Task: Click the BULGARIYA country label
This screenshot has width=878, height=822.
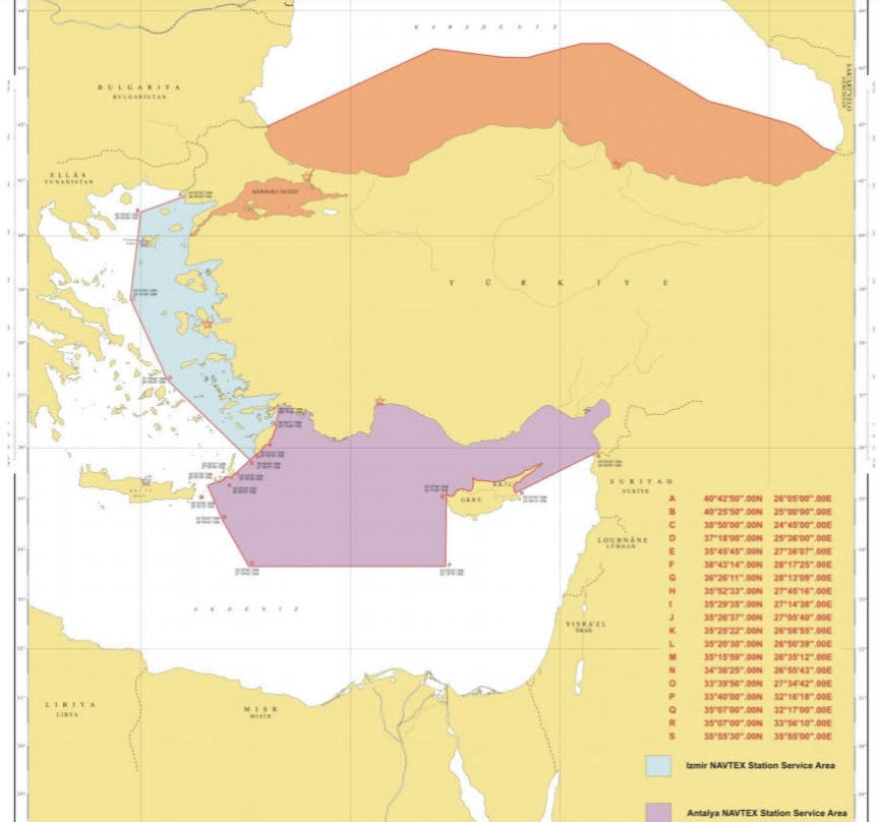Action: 140,88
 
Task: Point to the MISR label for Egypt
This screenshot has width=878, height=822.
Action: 261,708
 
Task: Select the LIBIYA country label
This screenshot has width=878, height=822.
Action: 70,704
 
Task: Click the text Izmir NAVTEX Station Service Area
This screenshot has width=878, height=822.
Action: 758,766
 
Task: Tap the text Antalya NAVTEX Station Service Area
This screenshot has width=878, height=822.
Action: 767,812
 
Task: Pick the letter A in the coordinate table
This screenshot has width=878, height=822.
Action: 671,498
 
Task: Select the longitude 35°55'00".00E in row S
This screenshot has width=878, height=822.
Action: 797,736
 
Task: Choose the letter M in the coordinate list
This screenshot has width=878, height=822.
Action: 672,656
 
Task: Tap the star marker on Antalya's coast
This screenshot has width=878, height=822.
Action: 379,401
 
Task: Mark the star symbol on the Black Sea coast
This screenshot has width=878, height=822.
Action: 618,164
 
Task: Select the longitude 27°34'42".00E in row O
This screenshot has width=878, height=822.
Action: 797,683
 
